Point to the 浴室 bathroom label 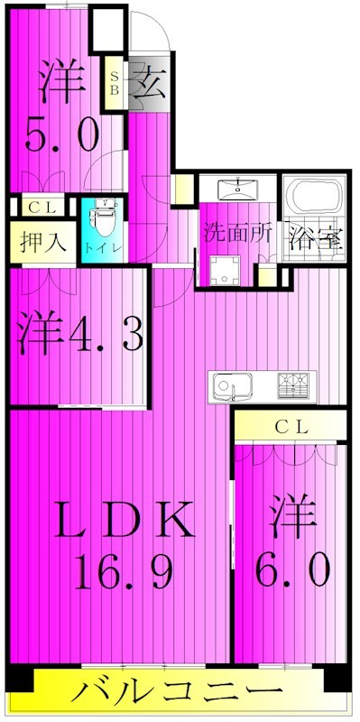click(316, 239)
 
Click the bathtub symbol click(315, 196)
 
